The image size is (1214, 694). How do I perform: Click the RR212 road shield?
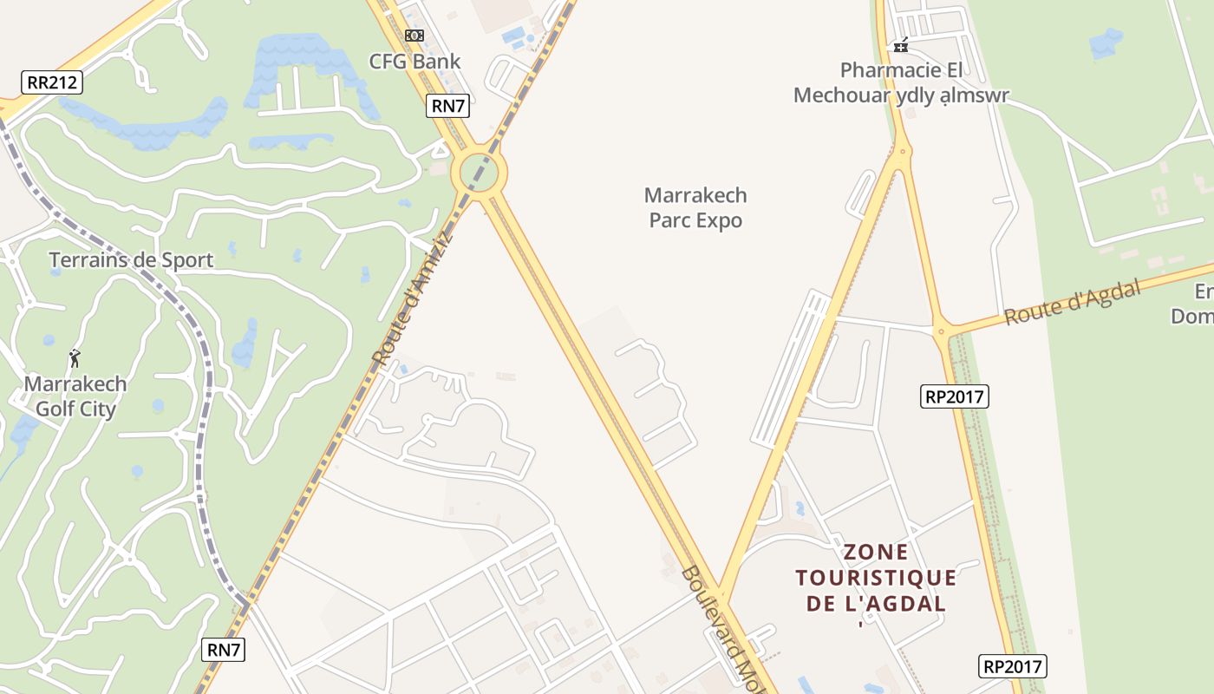[52, 83]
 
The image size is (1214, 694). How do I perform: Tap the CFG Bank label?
[414, 62]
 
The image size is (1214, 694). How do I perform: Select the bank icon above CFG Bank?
[414, 36]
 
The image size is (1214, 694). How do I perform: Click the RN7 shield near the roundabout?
[448, 107]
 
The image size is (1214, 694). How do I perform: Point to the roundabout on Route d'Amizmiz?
[479, 173]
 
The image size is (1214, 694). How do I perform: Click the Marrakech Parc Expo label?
[695, 207]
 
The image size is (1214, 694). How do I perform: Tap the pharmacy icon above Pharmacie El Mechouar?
[901, 45]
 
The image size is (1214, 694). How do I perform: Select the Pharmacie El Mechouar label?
[901, 82]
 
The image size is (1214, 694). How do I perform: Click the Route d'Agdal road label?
[1072, 303]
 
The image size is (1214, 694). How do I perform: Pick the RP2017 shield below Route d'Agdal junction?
[954, 396]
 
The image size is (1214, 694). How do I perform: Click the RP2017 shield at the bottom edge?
[1013, 666]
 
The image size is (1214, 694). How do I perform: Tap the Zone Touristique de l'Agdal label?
[876, 577]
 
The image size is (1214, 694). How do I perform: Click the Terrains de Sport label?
[131, 259]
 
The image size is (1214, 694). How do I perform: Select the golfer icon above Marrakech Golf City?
[75, 357]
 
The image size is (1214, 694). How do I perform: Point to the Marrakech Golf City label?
[75, 396]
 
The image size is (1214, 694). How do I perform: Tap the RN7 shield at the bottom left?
[225, 649]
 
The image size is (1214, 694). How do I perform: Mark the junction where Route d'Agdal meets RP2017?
[942, 331]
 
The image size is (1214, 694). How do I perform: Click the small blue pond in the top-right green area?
[1106, 43]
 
